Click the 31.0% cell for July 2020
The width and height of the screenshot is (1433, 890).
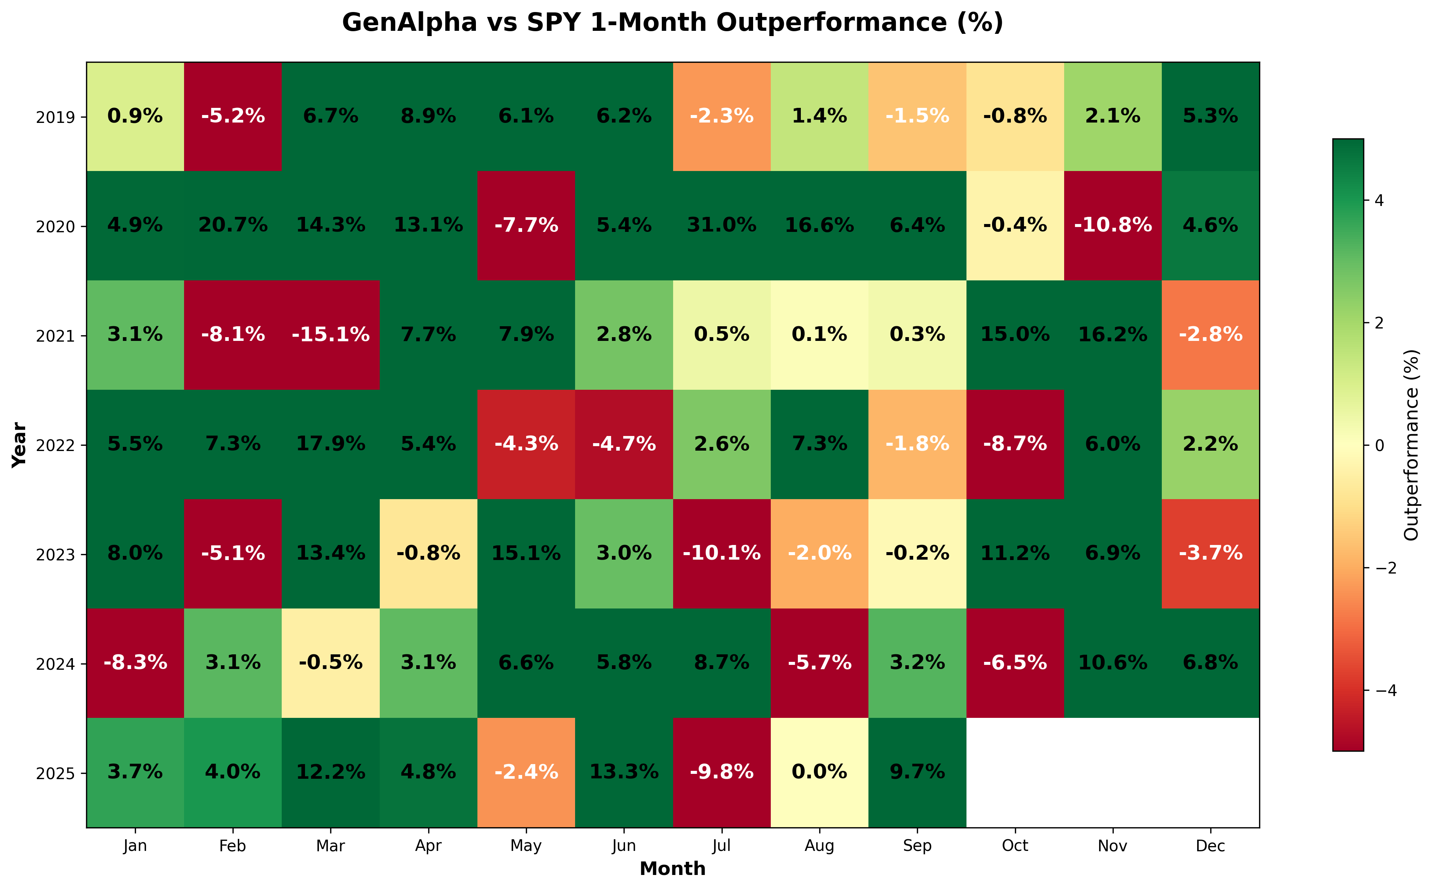[x=722, y=226]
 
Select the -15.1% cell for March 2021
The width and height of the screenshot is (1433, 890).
[x=331, y=335]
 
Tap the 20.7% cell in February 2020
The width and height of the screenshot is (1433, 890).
[x=233, y=226]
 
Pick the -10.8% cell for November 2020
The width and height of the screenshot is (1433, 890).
[x=1112, y=226]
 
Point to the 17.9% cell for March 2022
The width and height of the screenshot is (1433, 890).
[x=331, y=444]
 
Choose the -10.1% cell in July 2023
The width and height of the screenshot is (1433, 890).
[x=722, y=553]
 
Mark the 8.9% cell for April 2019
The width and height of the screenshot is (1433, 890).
[x=428, y=117]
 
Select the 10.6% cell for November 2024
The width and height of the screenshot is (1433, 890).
[x=1112, y=663]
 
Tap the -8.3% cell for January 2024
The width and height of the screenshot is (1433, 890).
[x=135, y=663]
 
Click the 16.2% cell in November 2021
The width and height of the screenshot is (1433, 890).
[x=1112, y=335]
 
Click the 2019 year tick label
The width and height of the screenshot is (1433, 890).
[x=55, y=118]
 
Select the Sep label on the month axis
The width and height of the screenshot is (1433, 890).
[x=917, y=846]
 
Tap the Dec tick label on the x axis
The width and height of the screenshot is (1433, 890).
[x=1210, y=846]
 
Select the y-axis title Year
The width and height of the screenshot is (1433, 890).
[x=20, y=445]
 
